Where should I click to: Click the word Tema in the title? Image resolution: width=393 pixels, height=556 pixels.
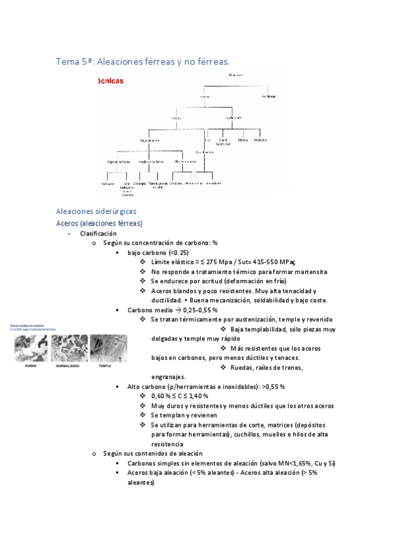click(x=68, y=62)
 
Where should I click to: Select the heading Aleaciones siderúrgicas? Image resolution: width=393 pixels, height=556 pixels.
click(x=96, y=211)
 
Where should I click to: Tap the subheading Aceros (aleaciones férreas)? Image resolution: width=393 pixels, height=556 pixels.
click(x=99, y=223)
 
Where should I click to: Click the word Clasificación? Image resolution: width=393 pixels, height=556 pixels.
click(x=98, y=233)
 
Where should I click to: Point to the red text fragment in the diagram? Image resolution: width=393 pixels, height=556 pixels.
click(x=108, y=81)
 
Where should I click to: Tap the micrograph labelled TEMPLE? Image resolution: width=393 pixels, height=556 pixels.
click(x=105, y=348)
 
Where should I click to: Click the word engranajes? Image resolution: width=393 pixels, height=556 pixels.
click(x=168, y=377)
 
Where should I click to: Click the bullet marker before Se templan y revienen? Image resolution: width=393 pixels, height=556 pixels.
click(x=144, y=416)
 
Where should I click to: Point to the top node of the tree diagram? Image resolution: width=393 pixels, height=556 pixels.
click(x=236, y=75)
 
